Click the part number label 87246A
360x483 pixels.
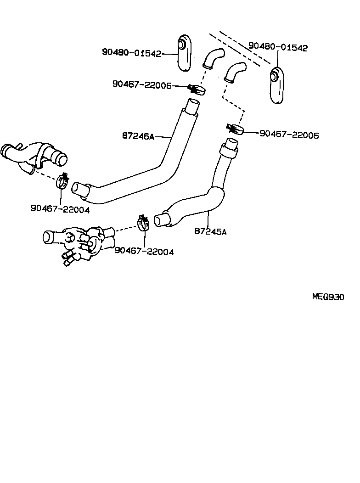tap(138, 136)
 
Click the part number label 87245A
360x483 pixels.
tap(211, 232)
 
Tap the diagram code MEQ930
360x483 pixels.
tap(328, 297)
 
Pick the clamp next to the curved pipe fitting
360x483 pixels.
tap(63, 182)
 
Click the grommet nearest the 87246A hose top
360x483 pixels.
tap(185, 52)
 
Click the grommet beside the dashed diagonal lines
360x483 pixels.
tap(277, 85)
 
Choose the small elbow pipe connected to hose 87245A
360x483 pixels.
tap(235, 72)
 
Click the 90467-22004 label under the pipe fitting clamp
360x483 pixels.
tap(60, 208)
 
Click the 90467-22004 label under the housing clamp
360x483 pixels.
tap(144, 251)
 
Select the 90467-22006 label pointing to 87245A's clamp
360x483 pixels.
tap(289, 135)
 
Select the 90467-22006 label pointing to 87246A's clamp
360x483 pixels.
tap(141, 84)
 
